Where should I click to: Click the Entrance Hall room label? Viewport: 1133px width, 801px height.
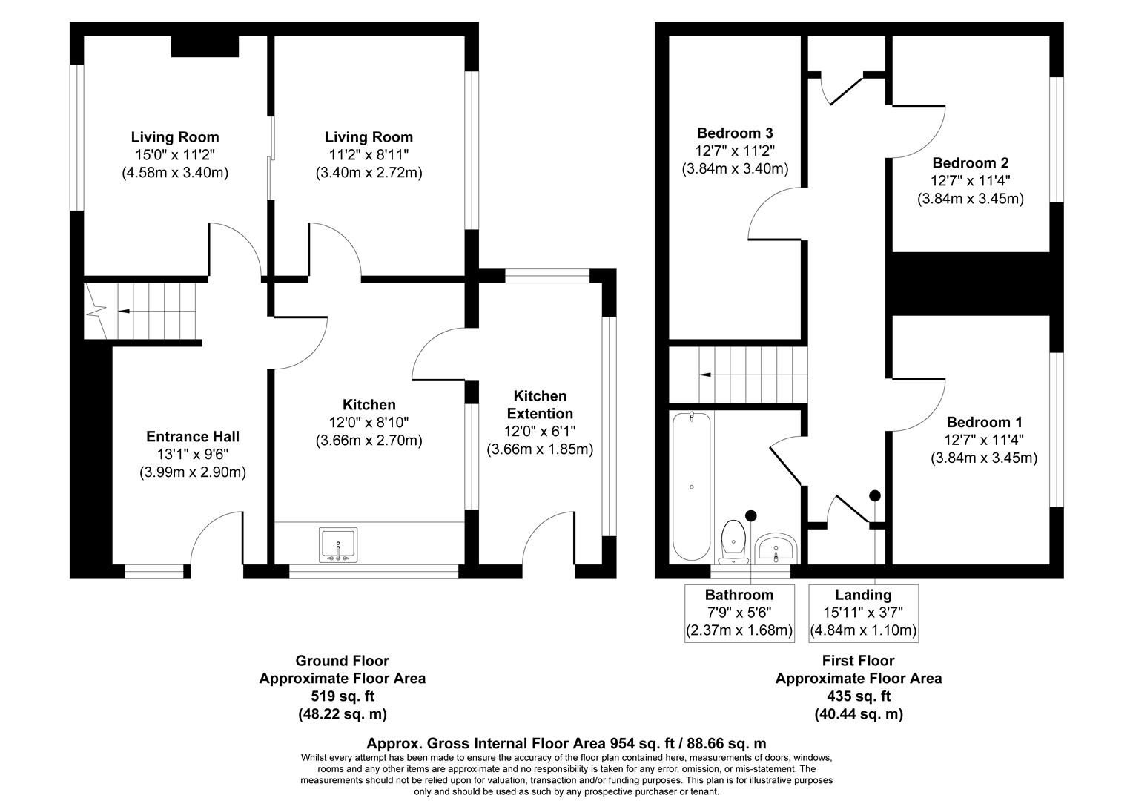pyautogui.click(x=192, y=437)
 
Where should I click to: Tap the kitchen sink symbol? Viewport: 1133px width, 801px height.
pyautogui.click(x=338, y=544)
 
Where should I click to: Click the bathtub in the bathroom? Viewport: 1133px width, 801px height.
pyautogui.click(x=691, y=487)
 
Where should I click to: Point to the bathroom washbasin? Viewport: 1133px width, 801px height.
pyautogui.click(x=775, y=549)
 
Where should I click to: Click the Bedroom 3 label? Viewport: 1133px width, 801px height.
pyautogui.click(x=734, y=133)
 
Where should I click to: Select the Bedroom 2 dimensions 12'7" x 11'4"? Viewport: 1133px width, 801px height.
pyautogui.click(x=970, y=181)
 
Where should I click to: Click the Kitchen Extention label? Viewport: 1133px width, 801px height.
pyautogui.click(x=539, y=405)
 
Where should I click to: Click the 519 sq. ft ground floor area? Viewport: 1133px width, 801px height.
pyautogui.click(x=342, y=696)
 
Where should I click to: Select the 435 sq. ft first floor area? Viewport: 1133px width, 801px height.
pyautogui.click(x=858, y=696)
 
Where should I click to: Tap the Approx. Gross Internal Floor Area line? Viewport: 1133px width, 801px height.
pyautogui.click(x=566, y=743)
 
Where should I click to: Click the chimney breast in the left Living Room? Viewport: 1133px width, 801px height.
pyautogui.click(x=205, y=46)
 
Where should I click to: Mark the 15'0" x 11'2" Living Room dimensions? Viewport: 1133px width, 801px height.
pyautogui.click(x=175, y=155)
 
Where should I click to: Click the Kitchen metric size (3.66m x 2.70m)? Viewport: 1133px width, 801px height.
pyautogui.click(x=369, y=441)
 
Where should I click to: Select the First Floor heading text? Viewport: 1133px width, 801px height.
pyautogui.click(x=858, y=661)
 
